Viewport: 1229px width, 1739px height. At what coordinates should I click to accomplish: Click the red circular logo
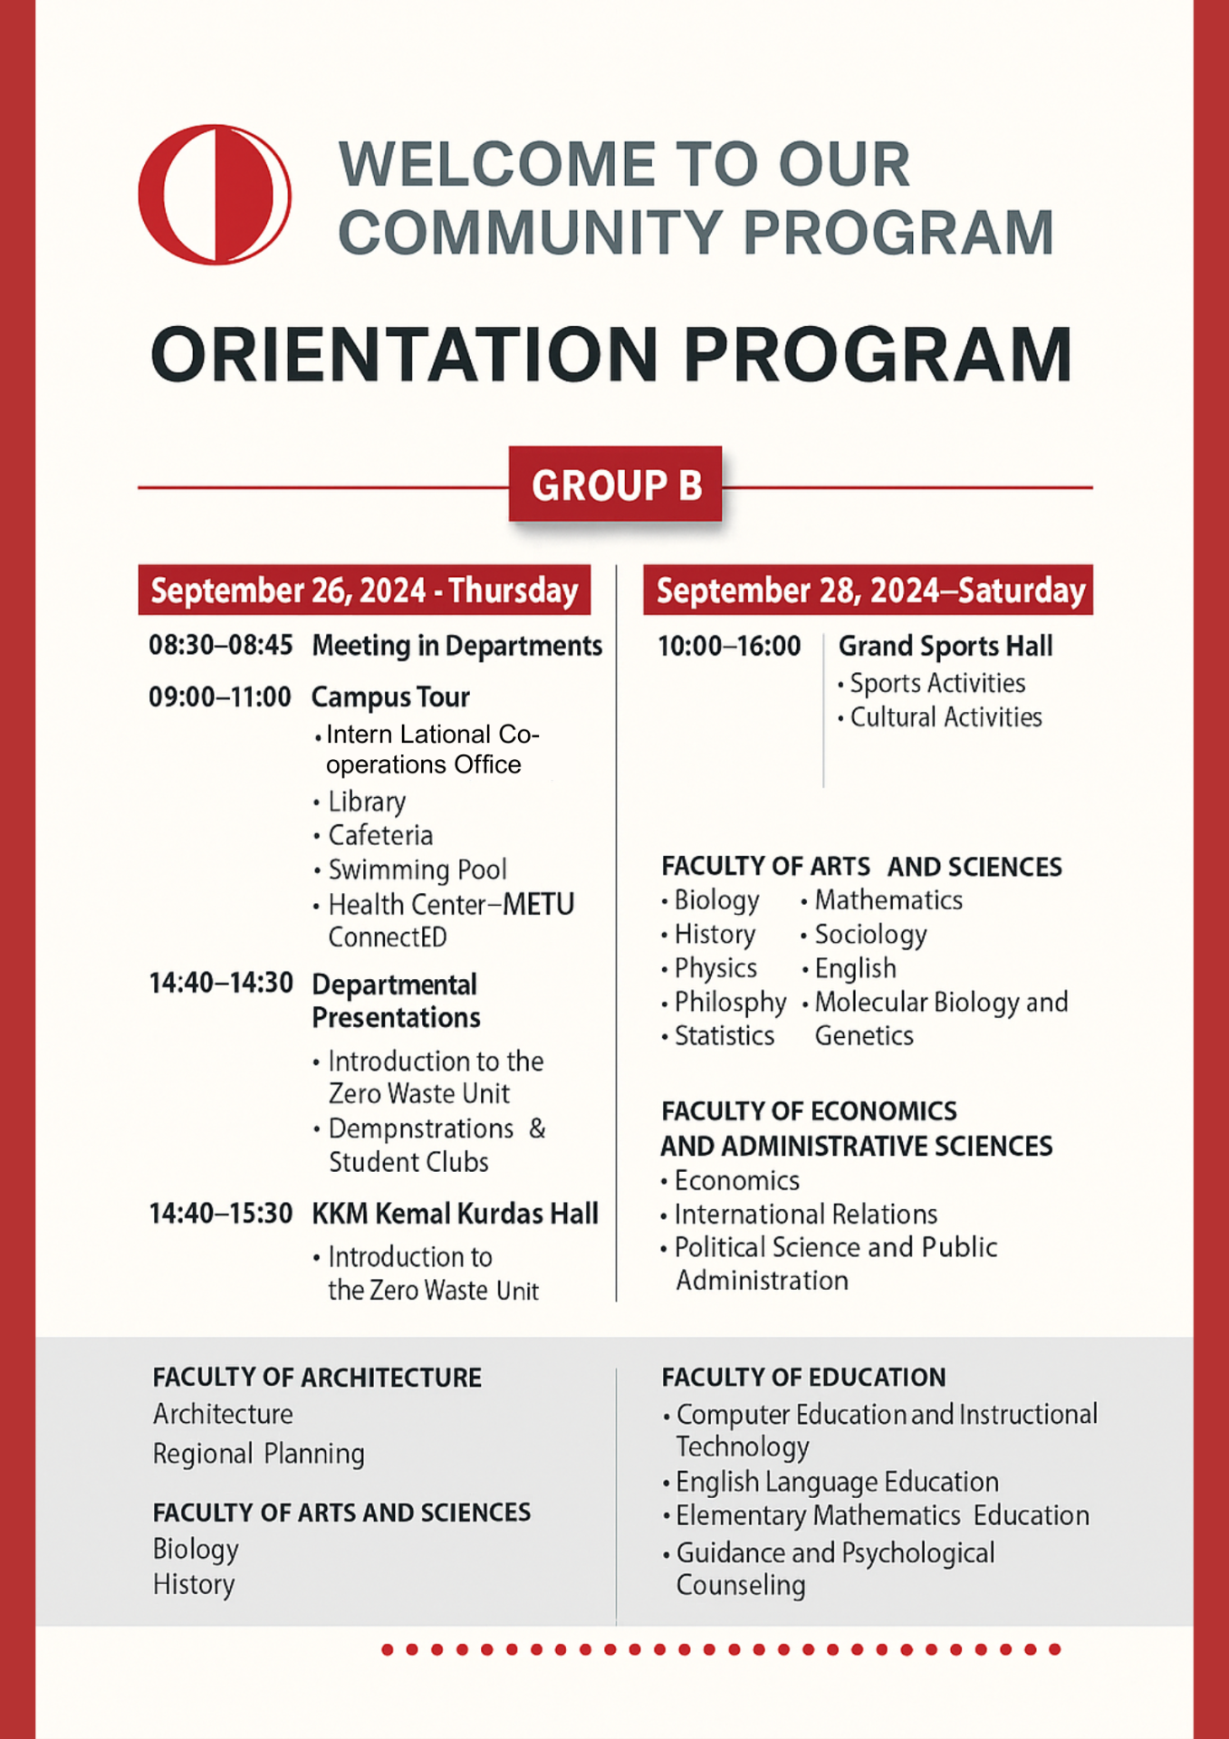tap(215, 195)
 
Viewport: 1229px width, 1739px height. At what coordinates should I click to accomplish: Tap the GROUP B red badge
tap(616, 485)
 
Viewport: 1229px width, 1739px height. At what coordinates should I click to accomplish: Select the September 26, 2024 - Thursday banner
tap(364, 591)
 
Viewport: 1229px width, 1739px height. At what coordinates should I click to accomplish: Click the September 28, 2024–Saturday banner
tap(869, 591)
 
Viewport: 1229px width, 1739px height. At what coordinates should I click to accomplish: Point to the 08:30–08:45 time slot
tap(221, 645)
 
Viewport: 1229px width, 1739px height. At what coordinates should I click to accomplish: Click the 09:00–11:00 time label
tap(220, 697)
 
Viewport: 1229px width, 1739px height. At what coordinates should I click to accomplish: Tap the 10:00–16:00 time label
tap(729, 646)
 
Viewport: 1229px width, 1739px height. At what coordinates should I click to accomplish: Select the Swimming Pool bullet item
tap(417, 869)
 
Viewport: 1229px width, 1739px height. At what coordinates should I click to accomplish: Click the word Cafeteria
tap(380, 835)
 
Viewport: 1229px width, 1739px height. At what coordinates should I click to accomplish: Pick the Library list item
tap(367, 802)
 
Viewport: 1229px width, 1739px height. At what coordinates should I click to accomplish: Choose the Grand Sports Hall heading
tap(945, 646)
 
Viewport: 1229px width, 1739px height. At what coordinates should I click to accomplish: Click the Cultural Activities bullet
tap(946, 717)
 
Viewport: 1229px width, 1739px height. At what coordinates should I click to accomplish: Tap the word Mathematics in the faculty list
tap(888, 900)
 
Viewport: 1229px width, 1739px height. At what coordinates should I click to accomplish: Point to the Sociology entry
tap(870, 934)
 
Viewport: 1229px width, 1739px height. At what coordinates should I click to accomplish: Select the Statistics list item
tap(724, 1035)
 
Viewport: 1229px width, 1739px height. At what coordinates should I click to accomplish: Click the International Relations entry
tap(805, 1214)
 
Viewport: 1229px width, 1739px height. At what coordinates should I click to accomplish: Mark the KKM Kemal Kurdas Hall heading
tap(455, 1214)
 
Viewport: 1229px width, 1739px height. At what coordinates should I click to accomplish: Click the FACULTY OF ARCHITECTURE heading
tap(317, 1378)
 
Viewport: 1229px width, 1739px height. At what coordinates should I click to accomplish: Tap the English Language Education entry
tap(837, 1482)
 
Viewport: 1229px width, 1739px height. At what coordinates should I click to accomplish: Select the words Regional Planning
tap(259, 1454)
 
